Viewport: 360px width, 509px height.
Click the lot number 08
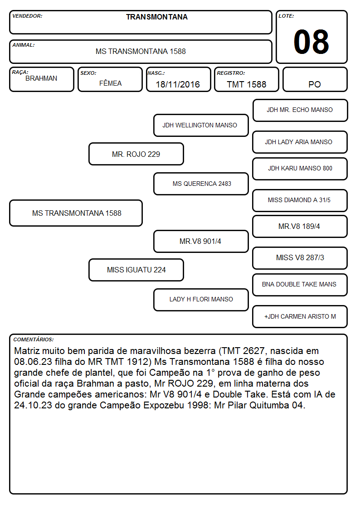pos(311,42)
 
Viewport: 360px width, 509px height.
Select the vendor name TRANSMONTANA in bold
pos(157,17)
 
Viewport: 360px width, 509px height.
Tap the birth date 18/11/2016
pos(178,84)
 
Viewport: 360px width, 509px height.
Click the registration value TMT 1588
pos(246,84)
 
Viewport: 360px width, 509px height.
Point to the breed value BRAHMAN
pos(41,78)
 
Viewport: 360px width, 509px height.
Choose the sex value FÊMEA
pos(110,83)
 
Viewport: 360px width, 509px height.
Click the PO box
pos(315,79)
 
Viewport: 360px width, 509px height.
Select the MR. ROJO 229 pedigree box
pos(136,154)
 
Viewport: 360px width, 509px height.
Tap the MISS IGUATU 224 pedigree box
pos(136,270)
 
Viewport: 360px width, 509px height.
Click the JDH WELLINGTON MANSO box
pos(201,125)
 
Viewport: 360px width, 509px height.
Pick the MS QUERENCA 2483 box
pos(201,184)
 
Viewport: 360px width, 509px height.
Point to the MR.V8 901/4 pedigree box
pos(201,241)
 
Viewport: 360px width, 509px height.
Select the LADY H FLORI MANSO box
pos(201,300)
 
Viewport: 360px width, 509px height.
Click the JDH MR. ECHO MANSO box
pos(300,111)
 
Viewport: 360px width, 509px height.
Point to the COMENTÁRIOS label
pos(34,339)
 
